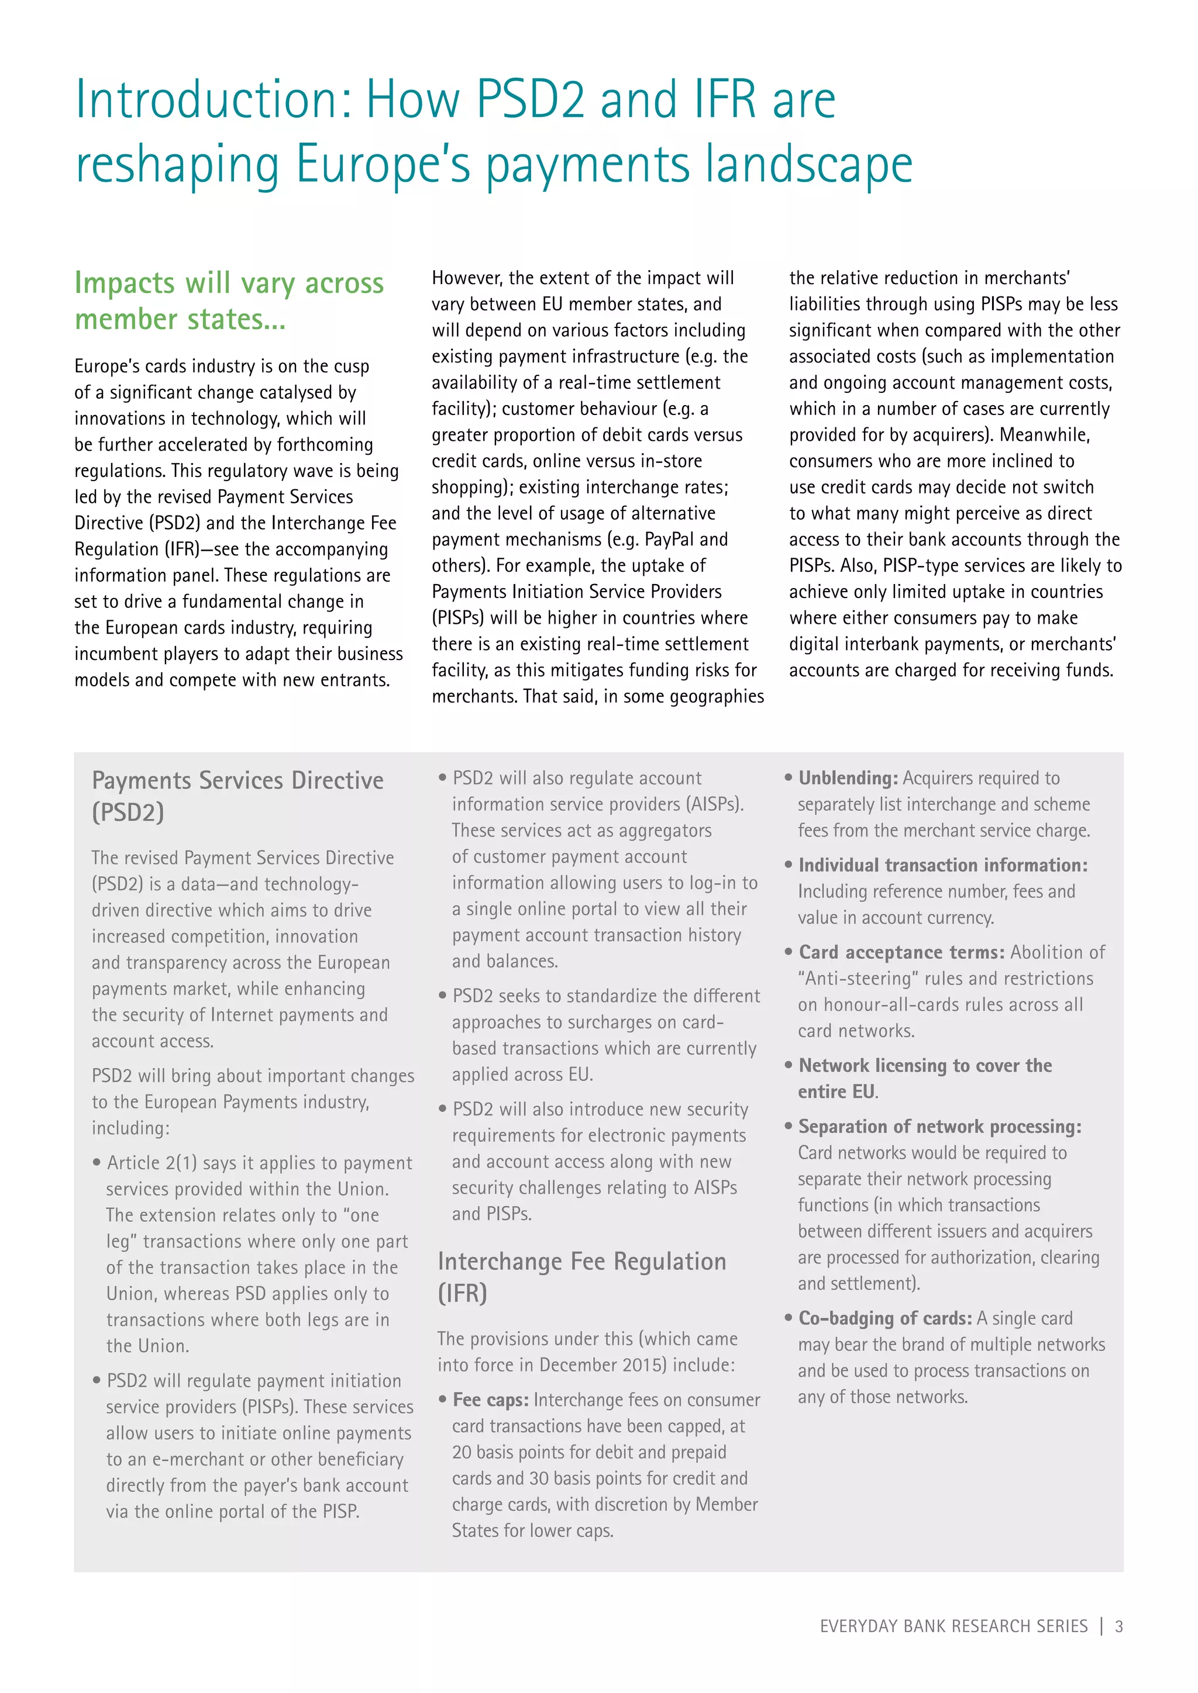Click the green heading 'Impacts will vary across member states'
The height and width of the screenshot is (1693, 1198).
(x=229, y=301)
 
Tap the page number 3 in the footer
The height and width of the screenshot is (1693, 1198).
(x=1118, y=1626)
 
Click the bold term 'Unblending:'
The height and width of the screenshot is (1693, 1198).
(x=848, y=778)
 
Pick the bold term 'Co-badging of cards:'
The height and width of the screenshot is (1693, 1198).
(x=885, y=1318)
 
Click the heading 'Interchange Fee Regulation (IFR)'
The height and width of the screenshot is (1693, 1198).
(x=581, y=1276)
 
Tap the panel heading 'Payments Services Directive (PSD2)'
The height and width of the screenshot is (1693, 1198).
(x=237, y=796)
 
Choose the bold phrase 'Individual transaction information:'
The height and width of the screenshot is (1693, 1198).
(x=943, y=865)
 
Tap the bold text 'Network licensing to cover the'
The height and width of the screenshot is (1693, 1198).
(x=925, y=1066)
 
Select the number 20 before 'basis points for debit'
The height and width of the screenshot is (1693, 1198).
(x=462, y=1452)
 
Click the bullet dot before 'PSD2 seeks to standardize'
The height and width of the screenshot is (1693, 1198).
(x=443, y=996)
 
